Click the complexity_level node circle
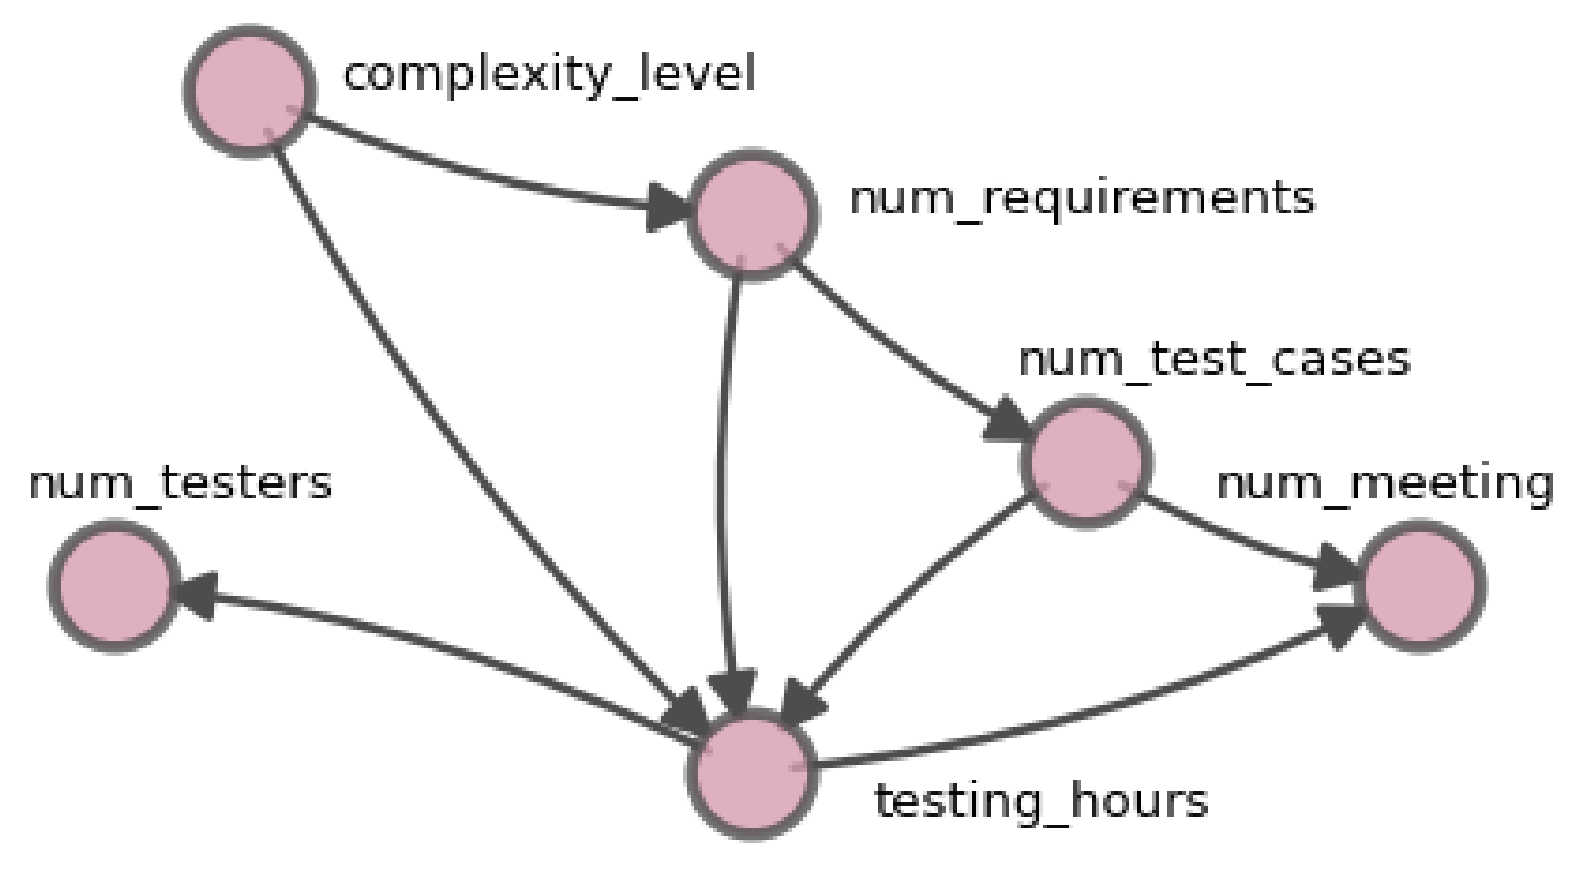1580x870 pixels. [250, 90]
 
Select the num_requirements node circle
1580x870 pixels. [752, 214]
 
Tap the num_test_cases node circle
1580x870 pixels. [1086, 462]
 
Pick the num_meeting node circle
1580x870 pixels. [1421, 586]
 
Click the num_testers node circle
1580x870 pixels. [114, 586]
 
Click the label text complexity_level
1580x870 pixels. [549, 75]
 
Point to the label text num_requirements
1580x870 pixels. [1081, 199]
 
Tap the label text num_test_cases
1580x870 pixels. [1213, 360]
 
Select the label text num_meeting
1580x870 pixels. [1384, 483]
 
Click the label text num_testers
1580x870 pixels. [180, 483]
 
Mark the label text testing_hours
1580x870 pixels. [1041, 802]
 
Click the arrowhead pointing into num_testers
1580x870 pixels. [193, 593]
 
